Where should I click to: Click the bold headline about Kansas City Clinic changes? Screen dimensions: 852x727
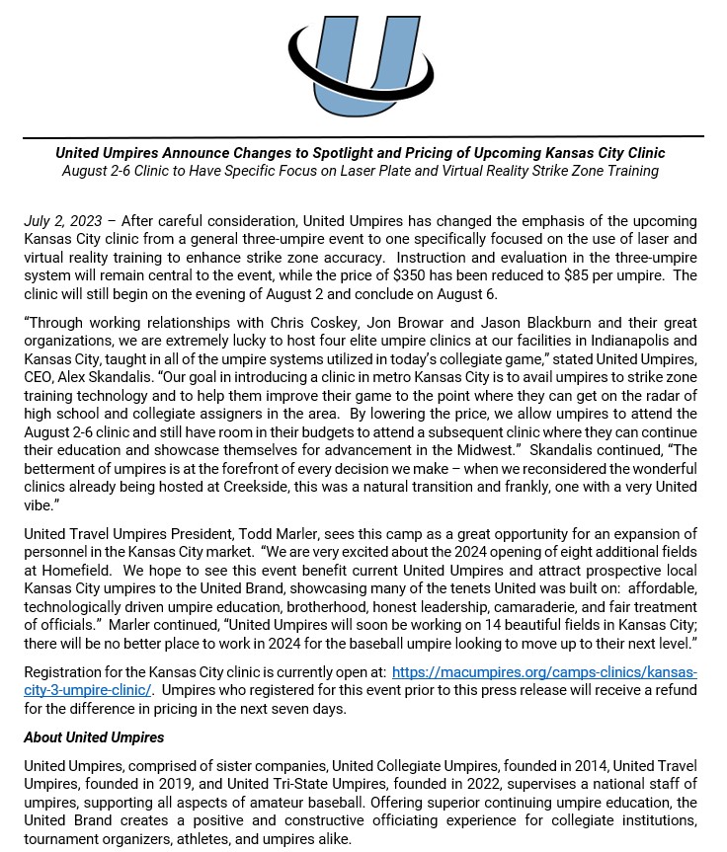[361, 153]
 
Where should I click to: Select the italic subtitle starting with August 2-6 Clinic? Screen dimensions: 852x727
[361, 171]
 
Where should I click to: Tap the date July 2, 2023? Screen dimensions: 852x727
[60, 220]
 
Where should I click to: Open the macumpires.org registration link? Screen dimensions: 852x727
[544, 672]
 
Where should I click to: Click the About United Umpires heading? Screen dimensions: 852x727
[94, 737]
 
